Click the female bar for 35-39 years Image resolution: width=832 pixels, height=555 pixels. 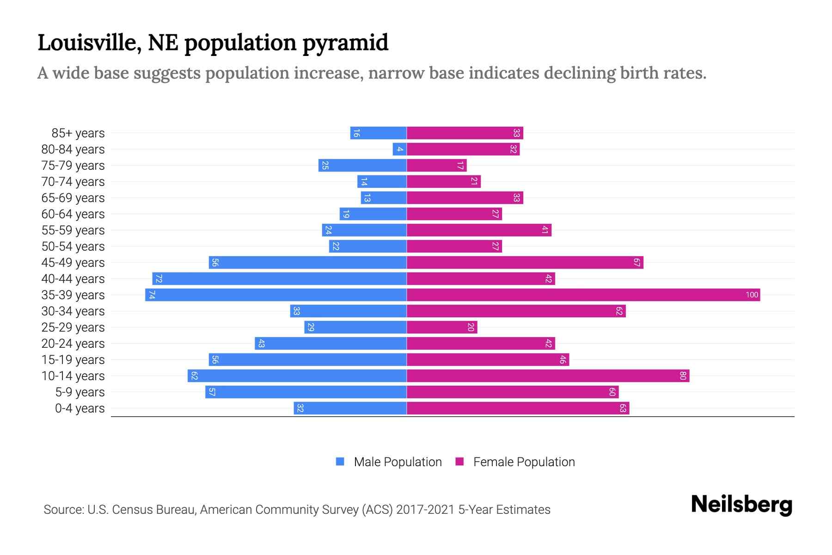coord(583,295)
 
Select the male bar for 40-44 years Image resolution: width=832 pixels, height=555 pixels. coord(280,279)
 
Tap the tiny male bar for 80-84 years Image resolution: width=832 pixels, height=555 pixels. coord(399,149)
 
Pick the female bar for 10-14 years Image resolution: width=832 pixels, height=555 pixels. coord(548,376)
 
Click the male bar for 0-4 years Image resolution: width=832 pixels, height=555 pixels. coord(350,408)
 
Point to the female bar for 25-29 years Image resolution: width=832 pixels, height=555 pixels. coord(442,327)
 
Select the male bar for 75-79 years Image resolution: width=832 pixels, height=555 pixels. coord(362,166)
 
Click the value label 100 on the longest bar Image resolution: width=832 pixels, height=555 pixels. coord(752,295)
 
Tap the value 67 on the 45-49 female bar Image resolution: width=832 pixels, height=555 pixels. coord(636,263)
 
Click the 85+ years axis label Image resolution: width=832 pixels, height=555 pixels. coord(78,133)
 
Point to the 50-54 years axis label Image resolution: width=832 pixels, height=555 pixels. coord(73,247)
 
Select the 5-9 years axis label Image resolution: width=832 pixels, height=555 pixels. coord(80,392)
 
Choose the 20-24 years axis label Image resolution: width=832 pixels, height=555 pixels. coord(73,344)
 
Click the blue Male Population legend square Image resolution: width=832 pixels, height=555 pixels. coord(340,462)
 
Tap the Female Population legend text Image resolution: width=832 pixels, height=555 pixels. coord(524,462)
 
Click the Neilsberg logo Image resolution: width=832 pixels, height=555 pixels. coord(741,505)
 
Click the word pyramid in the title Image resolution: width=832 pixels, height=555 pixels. coord(345,43)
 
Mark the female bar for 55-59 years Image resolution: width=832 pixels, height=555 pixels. coord(479,230)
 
